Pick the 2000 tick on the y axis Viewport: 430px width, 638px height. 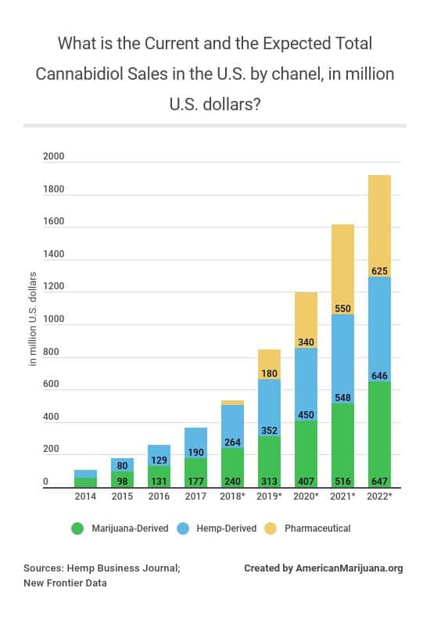coord(53,157)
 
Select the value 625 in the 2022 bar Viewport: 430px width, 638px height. coord(379,271)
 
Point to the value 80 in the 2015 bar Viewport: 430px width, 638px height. coord(122,465)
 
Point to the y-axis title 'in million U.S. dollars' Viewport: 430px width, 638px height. coord(33,319)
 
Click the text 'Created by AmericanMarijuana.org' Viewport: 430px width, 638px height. coord(323,568)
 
